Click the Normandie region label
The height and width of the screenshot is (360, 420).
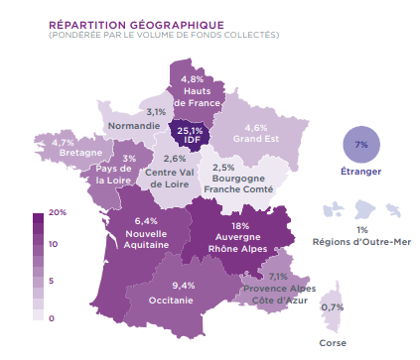pos(134,127)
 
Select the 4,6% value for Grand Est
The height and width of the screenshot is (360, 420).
pos(256,128)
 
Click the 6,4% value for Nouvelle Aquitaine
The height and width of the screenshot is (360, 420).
pos(146,220)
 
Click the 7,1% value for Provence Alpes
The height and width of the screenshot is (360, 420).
pos(278,277)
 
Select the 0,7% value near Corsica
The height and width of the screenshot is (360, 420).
pos(333,307)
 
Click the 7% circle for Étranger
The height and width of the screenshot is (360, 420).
pos(360,145)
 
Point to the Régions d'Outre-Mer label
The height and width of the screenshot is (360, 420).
pos(360,241)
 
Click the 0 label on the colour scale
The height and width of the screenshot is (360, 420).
pos(51,318)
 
